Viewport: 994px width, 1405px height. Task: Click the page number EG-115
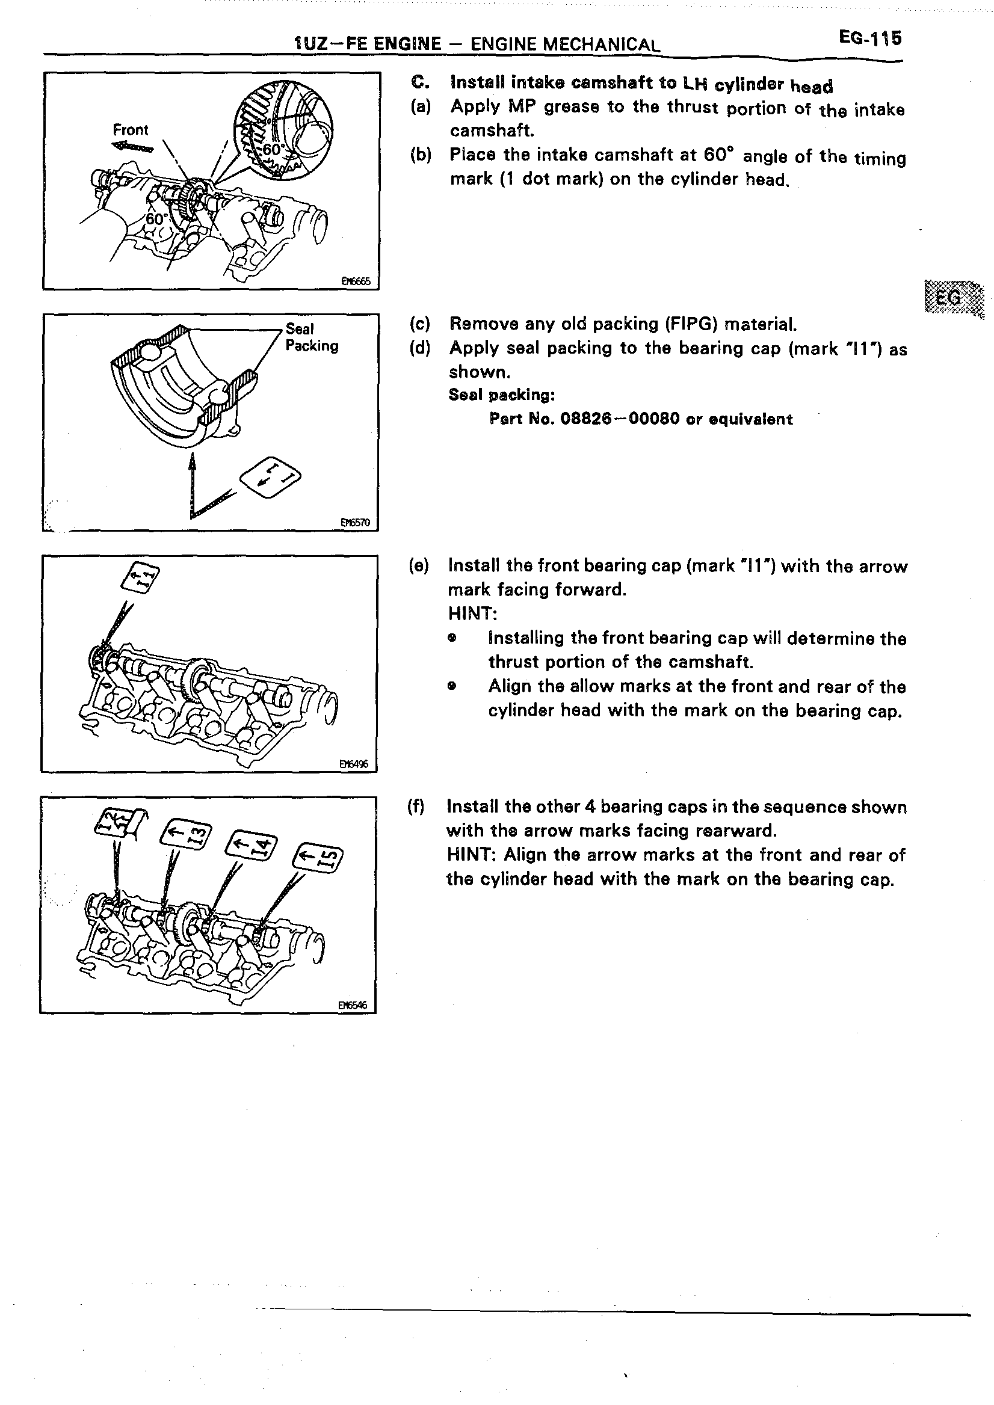870,38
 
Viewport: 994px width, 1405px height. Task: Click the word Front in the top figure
131,130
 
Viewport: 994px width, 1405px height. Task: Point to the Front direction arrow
133,147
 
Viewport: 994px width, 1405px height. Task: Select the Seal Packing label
311,337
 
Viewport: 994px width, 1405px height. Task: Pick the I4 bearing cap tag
252,847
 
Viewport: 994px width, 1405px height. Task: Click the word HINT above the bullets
472,613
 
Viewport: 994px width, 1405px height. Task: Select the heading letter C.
418,82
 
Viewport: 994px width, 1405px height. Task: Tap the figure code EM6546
353,1005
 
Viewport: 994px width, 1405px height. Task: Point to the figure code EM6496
354,764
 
